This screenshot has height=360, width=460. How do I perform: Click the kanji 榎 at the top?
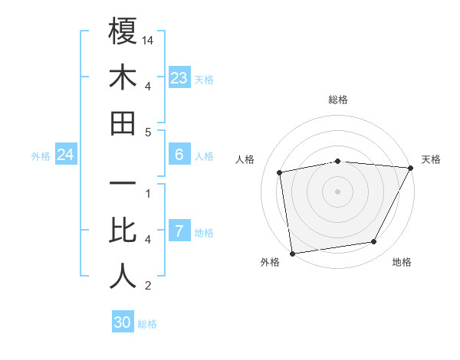(123, 31)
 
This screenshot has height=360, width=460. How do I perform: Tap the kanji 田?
(123, 123)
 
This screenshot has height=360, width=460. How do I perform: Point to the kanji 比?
(123, 231)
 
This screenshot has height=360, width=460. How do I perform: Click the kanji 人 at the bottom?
(123, 277)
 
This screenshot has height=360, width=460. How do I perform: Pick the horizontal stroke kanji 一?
(123, 185)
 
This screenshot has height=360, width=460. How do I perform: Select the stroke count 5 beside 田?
(148, 132)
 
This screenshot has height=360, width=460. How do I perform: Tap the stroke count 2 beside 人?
(148, 286)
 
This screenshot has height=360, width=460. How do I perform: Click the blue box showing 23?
(179, 78)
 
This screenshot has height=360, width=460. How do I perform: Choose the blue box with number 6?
(179, 155)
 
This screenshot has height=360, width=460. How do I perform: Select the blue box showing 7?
(179, 231)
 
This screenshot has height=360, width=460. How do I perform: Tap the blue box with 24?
(66, 155)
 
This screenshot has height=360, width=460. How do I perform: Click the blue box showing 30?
(123, 322)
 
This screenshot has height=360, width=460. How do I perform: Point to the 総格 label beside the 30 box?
(147, 324)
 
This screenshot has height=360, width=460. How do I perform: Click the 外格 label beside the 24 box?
(41, 156)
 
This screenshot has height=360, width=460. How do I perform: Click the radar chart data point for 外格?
(292, 253)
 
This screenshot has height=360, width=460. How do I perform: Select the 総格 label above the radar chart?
(337, 100)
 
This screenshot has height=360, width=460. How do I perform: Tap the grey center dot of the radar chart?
(337, 191)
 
